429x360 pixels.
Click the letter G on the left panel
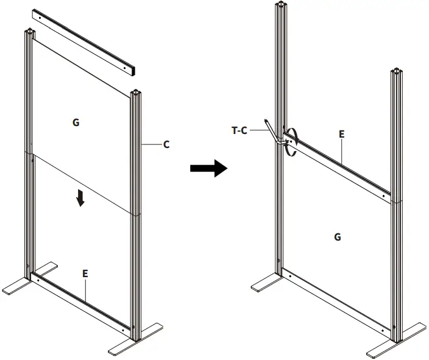pyautogui.click(x=76, y=122)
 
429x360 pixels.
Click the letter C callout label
pyautogui.click(x=166, y=145)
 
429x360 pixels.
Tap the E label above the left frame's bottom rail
pyautogui.click(x=85, y=274)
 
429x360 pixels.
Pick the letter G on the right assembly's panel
pyautogui.click(x=337, y=237)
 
